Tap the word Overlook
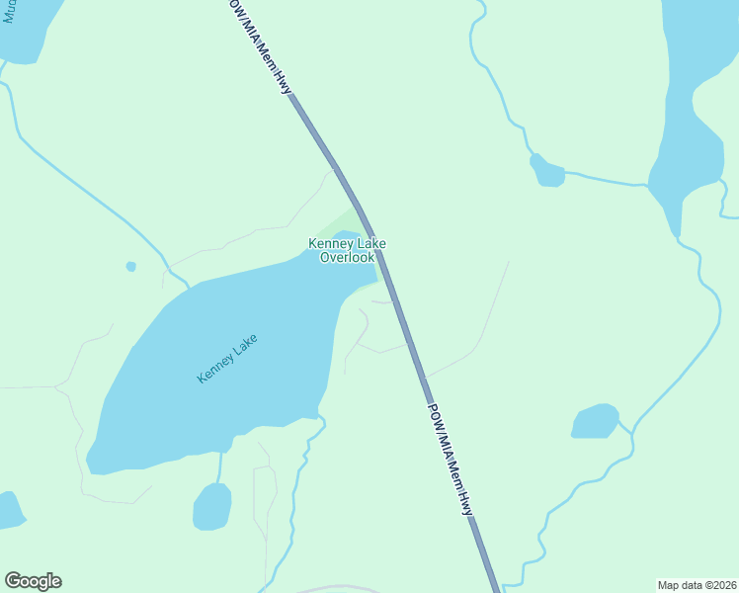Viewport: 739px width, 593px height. click(x=347, y=258)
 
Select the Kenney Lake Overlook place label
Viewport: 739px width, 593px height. click(x=347, y=251)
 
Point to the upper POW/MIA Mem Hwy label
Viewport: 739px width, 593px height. click(x=260, y=49)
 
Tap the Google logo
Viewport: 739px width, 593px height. click(x=33, y=581)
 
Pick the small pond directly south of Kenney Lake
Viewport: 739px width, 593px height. click(x=211, y=507)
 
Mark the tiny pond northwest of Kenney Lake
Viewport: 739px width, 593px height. click(x=130, y=266)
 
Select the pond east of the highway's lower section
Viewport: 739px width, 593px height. click(x=595, y=422)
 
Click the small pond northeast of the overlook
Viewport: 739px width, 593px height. click(x=546, y=171)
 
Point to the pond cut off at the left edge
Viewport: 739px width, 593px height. click(x=8, y=510)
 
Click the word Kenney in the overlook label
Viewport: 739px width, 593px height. click(x=329, y=244)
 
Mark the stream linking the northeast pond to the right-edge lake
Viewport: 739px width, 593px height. click(x=608, y=181)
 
